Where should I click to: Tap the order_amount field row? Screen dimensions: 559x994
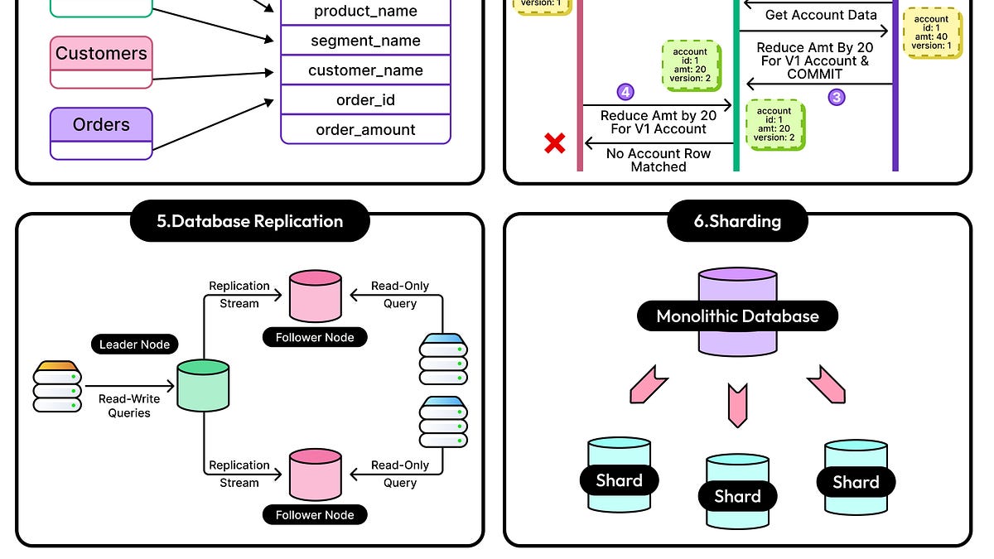[365, 130]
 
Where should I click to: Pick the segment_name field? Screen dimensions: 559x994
[365, 41]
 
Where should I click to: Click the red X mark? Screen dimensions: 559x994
[555, 143]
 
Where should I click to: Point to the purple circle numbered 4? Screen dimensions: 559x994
[625, 92]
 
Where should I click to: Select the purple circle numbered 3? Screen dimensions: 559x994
[837, 97]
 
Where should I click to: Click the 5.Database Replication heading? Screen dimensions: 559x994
[249, 221]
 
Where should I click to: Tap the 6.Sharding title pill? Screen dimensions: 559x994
[737, 221]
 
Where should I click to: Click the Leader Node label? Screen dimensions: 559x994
[134, 345]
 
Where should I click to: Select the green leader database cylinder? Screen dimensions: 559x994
[203, 385]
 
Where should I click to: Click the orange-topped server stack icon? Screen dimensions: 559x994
[57, 387]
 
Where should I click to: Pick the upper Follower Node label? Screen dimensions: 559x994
[315, 337]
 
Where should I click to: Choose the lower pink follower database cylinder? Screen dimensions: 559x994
[315, 474]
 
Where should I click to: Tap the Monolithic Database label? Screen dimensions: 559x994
[737, 316]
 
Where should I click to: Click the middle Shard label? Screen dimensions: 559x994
[737, 496]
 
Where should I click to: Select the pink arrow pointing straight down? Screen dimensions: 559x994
[737, 405]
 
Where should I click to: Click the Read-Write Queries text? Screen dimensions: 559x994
[129, 406]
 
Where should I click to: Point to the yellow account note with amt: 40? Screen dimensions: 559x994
[932, 32]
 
